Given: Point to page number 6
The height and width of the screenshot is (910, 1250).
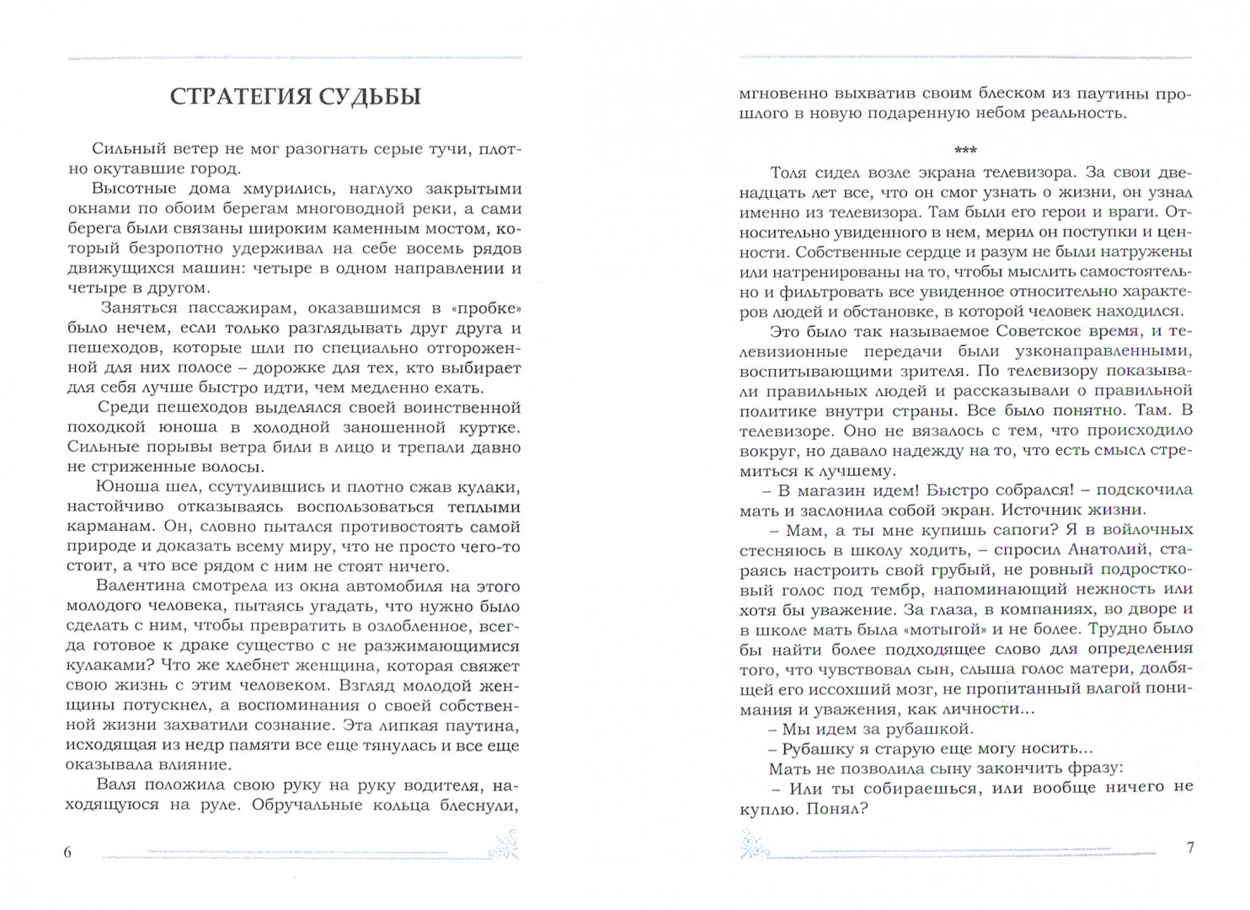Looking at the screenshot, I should (68, 852).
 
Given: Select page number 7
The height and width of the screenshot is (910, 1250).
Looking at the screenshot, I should (1189, 848).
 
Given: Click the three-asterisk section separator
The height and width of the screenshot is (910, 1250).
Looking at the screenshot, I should (965, 150).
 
